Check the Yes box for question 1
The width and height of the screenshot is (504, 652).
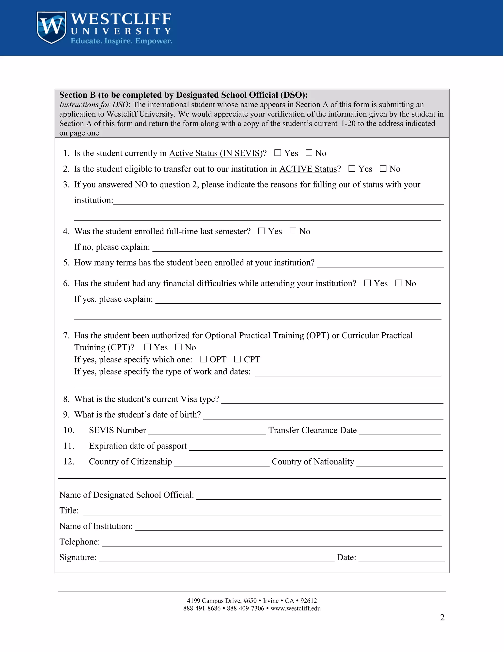point(278,153)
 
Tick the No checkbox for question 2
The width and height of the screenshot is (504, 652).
point(383,169)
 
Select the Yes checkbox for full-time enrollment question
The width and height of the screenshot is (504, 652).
point(262,231)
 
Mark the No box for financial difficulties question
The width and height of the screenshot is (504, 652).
point(399,283)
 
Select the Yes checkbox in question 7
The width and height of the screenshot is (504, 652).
point(147,347)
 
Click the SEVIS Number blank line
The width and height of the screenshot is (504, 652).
point(207,431)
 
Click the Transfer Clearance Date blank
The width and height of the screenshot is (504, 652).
point(400,431)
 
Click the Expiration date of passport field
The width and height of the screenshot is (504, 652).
point(315,447)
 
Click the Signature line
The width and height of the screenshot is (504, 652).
point(217,558)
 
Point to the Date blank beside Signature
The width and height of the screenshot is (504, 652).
point(401,558)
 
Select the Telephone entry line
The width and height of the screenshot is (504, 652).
point(272,543)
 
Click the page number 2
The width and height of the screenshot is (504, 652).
point(442,617)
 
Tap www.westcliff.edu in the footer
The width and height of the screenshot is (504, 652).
point(295,608)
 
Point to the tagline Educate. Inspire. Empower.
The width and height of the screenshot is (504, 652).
point(121,41)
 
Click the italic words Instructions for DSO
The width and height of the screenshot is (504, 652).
point(94,105)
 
